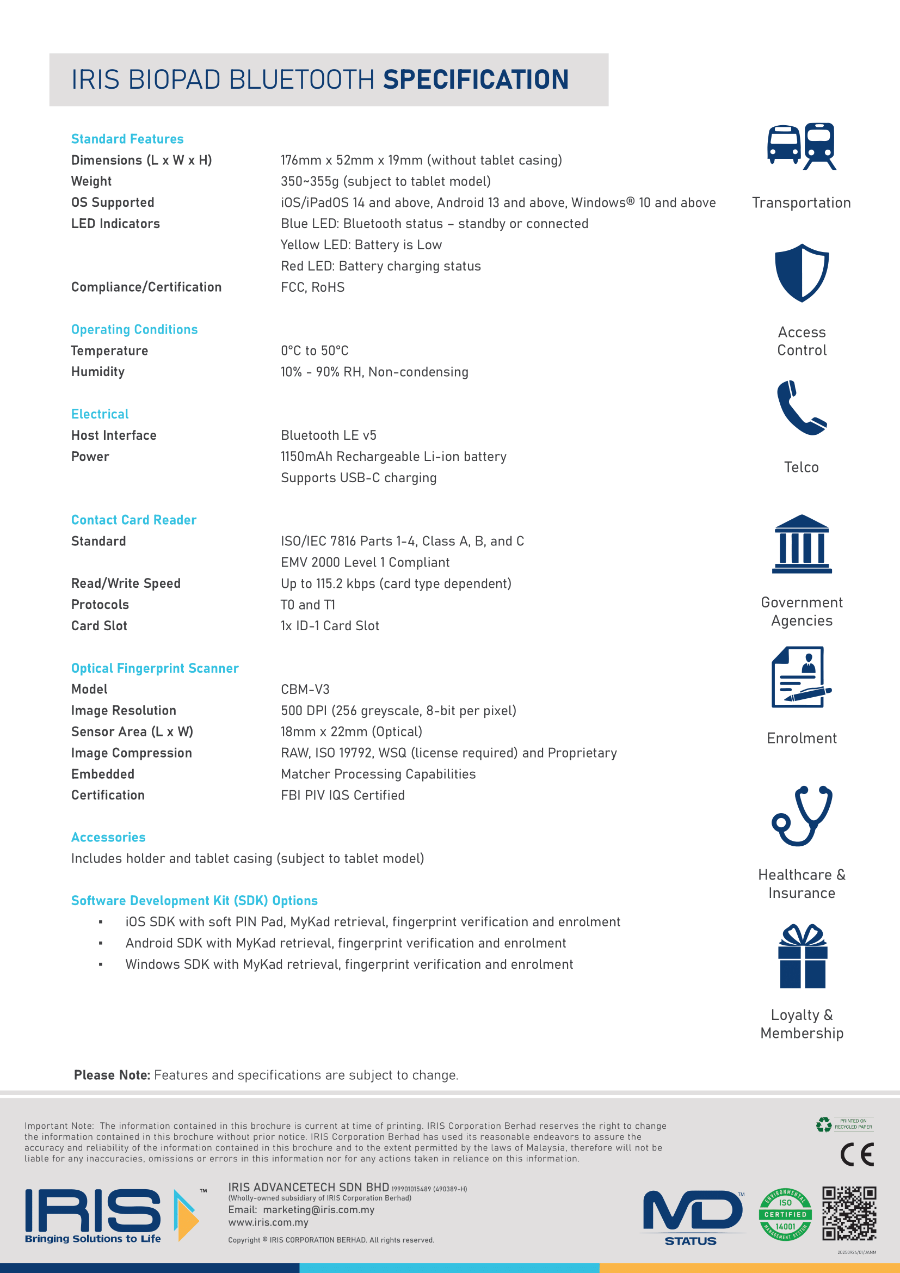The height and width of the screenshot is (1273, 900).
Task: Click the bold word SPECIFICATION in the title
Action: [x=476, y=79]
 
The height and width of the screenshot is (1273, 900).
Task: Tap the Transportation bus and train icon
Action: [x=802, y=146]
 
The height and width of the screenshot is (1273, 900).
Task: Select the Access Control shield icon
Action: [x=802, y=272]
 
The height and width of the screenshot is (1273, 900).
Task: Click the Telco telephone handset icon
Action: [x=802, y=408]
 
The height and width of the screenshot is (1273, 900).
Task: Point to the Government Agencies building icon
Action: [x=802, y=544]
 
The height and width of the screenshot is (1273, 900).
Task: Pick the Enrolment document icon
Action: [x=801, y=677]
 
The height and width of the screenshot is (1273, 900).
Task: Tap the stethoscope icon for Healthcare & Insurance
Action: [x=802, y=815]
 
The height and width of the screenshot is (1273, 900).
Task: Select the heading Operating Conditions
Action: [x=134, y=329]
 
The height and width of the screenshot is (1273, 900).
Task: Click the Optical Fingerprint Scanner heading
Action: [x=155, y=668]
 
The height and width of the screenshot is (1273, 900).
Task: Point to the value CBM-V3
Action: [x=305, y=689]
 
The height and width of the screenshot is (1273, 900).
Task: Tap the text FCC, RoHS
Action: [x=312, y=287]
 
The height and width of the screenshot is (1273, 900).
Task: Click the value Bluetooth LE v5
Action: [x=328, y=435]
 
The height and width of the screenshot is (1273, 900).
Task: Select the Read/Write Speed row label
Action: [x=126, y=583]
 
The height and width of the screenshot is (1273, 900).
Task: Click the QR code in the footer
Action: [x=849, y=1213]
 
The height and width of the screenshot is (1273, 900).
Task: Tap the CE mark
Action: [x=857, y=1155]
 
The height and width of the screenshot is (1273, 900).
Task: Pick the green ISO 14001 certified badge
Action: [x=785, y=1214]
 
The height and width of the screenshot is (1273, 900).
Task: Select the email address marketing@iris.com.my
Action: [x=319, y=1209]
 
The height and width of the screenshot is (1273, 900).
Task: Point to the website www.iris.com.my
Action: [x=268, y=1222]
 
